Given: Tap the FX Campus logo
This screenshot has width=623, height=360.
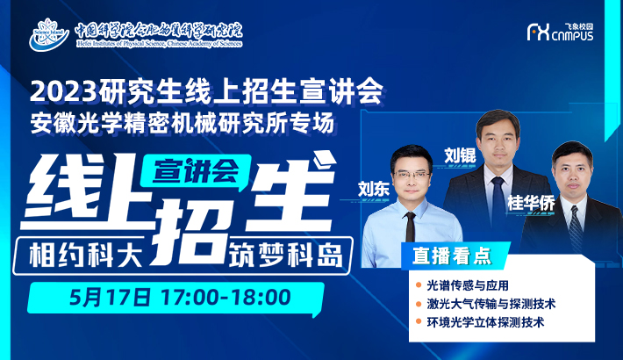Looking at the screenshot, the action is (x=560, y=32).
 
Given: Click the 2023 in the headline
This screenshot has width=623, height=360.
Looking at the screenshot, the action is (x=63, y=92).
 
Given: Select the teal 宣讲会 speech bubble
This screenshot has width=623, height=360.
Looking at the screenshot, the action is (x=197, y=171).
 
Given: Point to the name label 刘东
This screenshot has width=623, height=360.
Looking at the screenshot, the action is (x=374, y=189).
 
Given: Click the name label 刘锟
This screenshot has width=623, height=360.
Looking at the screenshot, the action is (x=460, y=155).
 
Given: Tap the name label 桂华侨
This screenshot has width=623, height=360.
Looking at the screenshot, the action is (x=531, y=203).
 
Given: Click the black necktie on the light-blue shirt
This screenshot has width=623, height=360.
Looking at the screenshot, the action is (x=410, y=227).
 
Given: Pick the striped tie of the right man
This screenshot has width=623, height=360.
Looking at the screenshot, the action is (x=576, y=228).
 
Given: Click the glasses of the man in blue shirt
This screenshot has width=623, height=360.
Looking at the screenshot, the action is (x=412, y=175).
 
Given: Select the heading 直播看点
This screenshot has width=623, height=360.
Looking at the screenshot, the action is (x=452, y=256).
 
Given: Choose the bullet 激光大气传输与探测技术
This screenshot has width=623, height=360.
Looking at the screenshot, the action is (x=491, y=304).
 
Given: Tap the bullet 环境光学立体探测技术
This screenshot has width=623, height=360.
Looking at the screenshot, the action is (x=485, y=322).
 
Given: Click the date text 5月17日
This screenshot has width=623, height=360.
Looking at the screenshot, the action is (x=110, y=298).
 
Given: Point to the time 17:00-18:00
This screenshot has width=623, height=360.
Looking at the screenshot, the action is (x=226, y=298).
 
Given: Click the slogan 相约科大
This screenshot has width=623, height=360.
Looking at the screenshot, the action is (x=86, y=255).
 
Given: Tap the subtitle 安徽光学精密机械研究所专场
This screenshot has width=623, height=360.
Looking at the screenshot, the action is (x=182, y=123).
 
